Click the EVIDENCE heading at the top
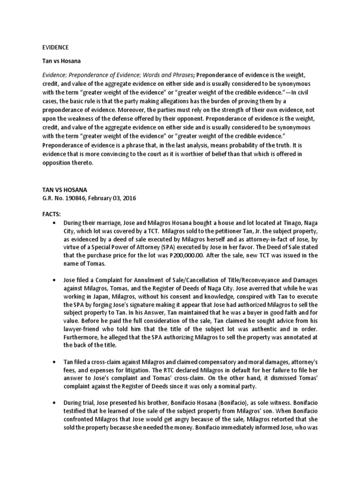55,47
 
